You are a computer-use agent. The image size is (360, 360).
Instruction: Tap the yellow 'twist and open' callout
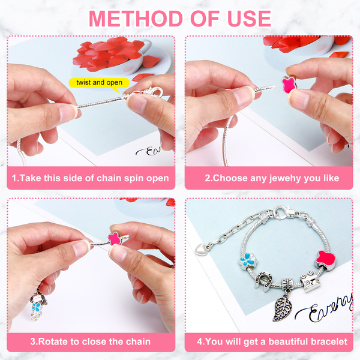click(x=99, y=83)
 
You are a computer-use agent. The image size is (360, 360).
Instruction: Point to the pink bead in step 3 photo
click(x=115, y=239)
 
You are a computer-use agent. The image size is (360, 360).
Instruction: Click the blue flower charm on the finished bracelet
click(x=248, y=261)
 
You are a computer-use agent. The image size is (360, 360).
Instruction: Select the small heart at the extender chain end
click(x=200, y=249)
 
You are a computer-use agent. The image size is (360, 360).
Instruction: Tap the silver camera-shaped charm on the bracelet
click(x=310, y=281)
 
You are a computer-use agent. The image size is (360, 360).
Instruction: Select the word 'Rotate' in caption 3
click(x=53, y=341)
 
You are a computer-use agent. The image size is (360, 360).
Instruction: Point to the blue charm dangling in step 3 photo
click(x=36, y=306)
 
